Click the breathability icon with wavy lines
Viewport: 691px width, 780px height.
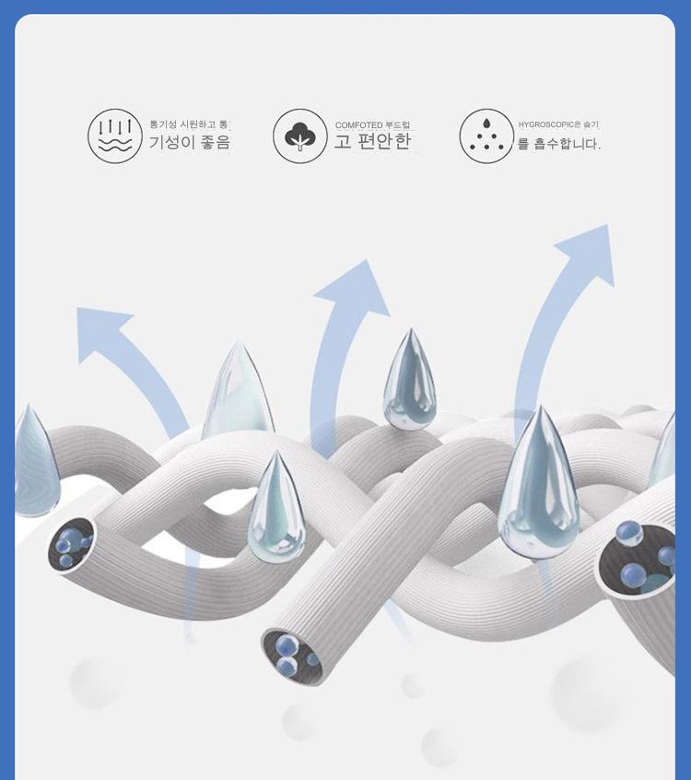point(115,136)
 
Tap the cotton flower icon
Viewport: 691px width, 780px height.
point(300,136)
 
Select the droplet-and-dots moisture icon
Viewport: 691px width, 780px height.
point(486,136)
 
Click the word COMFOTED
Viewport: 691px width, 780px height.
point(358,125)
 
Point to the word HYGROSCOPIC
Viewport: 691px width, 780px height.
point(545,124)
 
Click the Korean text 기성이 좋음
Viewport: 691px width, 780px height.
point(190,143)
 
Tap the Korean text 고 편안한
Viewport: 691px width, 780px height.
point(373,143)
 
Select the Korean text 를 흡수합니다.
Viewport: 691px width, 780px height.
point(558,144)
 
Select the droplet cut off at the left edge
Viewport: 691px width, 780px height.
point(35,461)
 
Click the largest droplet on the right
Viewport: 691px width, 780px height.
point(539,484)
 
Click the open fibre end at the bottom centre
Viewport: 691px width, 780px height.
point(293,654)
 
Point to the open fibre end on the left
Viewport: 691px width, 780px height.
point(71,545)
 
